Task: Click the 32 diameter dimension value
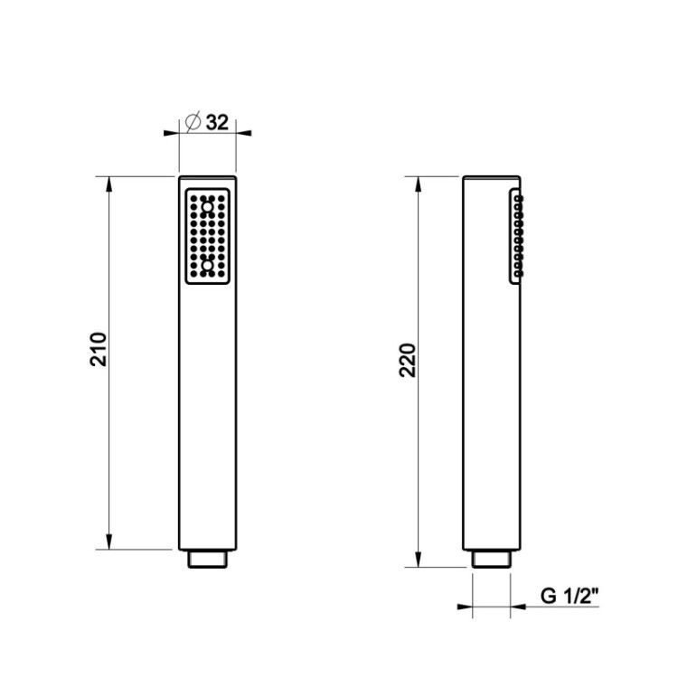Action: click(217, 122)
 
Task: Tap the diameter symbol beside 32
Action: click(193, 121)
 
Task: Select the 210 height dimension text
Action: click(99, 349)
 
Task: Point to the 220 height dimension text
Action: click(408, 360)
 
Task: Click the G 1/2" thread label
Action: click(570, 597)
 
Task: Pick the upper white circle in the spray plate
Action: click(208, 208)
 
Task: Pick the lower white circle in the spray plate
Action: click(208, 265)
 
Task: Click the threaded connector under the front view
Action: click(208, 559)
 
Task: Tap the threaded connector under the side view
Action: click(492, 559)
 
